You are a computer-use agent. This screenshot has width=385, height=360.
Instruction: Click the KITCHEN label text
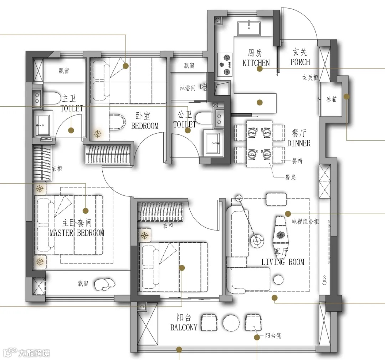pos(256,63)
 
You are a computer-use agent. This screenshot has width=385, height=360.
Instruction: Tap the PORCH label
pos(300,62)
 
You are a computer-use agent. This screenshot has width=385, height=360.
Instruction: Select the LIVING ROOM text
pos(283,262)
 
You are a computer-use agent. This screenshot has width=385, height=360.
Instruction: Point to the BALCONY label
pos(184,327)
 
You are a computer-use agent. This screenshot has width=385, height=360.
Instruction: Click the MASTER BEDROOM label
pos(77,232)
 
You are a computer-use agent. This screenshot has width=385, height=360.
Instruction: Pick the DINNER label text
pos(299,143)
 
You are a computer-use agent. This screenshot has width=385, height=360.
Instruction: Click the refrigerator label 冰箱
pos(332,99)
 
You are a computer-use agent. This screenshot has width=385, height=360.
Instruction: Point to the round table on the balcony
pos(231,323)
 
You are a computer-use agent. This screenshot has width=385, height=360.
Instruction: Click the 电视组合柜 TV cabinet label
pos(305,222)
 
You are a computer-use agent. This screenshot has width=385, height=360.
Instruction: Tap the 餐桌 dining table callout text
pos(291,177)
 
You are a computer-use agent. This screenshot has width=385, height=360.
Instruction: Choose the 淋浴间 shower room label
pos(188,88)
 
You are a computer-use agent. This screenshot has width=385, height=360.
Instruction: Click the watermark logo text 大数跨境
pos(34,353)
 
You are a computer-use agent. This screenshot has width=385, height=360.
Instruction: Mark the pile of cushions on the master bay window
pos(104,284)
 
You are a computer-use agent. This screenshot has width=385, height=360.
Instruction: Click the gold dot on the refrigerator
pos(346,97)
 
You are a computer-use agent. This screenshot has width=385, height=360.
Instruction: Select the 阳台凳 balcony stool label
pos(273,335)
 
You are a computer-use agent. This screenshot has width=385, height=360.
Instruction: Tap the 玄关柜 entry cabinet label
pos(310,78)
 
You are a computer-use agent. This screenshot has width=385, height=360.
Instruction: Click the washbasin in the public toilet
pos(213,143)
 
